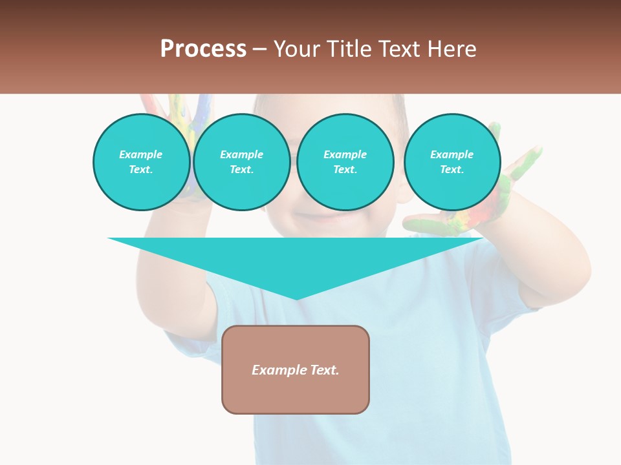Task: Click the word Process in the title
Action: (x=203, y=49)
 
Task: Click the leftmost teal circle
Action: (x=141, y=162)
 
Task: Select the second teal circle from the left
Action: (x=241, y=162)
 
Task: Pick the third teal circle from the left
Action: (x=345, y=162)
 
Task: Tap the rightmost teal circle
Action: (x=452, y=162)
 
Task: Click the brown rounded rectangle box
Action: (x=296, y=394)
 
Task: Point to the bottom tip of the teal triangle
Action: (x=296, y=298)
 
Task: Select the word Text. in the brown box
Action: (x=323, y=370)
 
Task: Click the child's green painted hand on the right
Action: (x=511, y=194)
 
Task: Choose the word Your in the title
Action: (x=296, y=49)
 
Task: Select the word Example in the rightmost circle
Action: (x=452, y=154)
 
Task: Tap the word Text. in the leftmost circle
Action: (x=141, y=170)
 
